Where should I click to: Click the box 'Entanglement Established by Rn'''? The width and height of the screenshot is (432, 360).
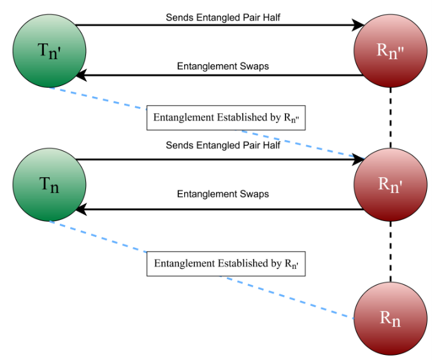226,117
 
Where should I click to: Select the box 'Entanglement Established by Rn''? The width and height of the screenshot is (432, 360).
226,263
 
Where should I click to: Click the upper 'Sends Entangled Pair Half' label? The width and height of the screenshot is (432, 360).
223,17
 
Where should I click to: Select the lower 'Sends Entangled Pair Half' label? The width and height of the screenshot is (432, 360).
223,145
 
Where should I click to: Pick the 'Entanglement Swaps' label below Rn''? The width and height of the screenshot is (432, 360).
222,66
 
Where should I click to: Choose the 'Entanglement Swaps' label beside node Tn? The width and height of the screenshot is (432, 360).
222,194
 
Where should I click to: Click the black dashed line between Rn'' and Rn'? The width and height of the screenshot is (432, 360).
391,118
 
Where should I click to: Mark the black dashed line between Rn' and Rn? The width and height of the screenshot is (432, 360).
391,251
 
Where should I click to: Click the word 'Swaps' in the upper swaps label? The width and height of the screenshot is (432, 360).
256,66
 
